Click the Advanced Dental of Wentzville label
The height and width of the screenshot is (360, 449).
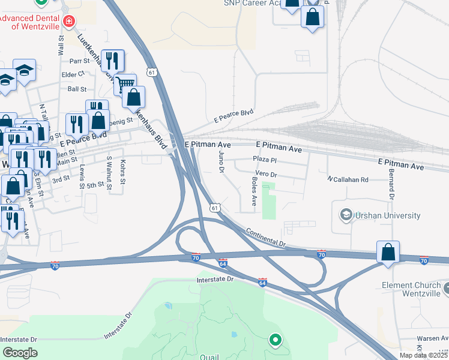click(29, 22)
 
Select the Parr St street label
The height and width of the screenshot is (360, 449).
click(79, 61)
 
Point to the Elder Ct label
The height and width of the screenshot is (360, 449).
click(73, 74)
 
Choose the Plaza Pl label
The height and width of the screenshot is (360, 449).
click(264, 160)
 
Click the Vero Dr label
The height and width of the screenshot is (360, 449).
click(265, 174)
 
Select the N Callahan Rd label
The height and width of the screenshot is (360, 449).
click(348, 179)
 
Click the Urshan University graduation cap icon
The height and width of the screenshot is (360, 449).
click(346, 214)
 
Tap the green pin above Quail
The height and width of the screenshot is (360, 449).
click(276, 340)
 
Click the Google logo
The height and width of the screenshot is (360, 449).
click(20, 353)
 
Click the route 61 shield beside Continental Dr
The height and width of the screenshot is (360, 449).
click(215, 207)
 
